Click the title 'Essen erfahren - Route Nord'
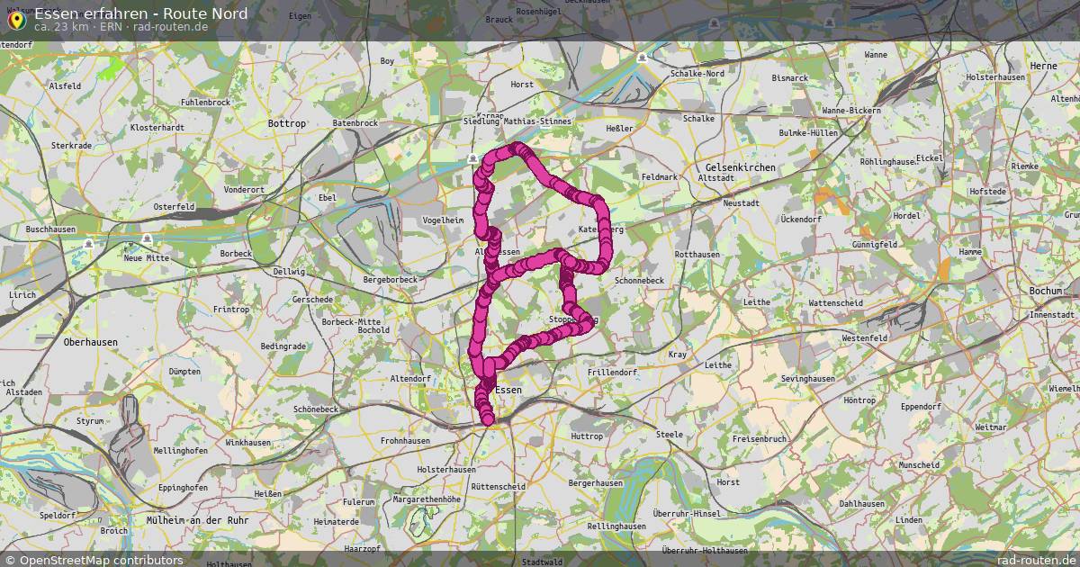coord(141,13)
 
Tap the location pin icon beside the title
coord(15,18)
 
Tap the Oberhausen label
coord(91,342)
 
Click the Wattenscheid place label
coord(835,303)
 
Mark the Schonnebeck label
coord(639,281)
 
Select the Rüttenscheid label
coord(498,486)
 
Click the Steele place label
coord(670,435)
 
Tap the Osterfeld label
coord(174,206)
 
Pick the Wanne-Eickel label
coord(850,110)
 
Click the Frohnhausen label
coord(405,441)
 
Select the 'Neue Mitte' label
coord(146,258)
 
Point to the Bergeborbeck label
coord(390,280)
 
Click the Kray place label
coord(677,355)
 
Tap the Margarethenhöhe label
coord(427,499)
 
